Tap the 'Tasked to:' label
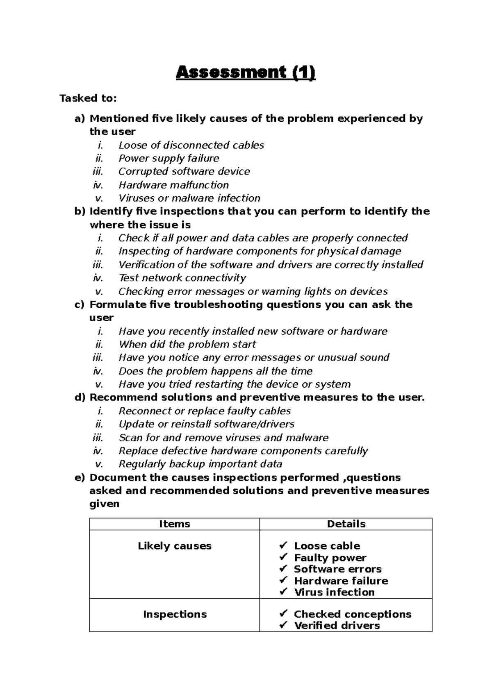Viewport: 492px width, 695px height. (88, 98)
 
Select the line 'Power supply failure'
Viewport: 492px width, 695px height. (169, 158)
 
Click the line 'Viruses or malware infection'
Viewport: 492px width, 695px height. (189, 198)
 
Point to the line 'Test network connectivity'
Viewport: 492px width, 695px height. (182, 278)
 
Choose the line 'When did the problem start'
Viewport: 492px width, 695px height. (187, 344)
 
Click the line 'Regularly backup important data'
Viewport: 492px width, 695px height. (200, 464)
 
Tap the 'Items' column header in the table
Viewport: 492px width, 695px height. (174, 524)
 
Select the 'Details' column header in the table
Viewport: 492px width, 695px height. (346, 524)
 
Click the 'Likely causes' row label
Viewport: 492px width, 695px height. (174, 546)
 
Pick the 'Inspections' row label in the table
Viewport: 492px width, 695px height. (174, 614)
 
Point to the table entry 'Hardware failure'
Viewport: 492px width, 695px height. (341, 581)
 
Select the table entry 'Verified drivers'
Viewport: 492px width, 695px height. (337, 626)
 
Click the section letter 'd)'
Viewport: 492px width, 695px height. (80, 397)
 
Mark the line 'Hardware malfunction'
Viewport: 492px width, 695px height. (173, 185)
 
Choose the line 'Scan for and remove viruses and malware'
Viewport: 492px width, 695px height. (223, 438)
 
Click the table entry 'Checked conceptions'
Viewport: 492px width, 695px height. (352, 614)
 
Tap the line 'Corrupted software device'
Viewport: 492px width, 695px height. (184, 171)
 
